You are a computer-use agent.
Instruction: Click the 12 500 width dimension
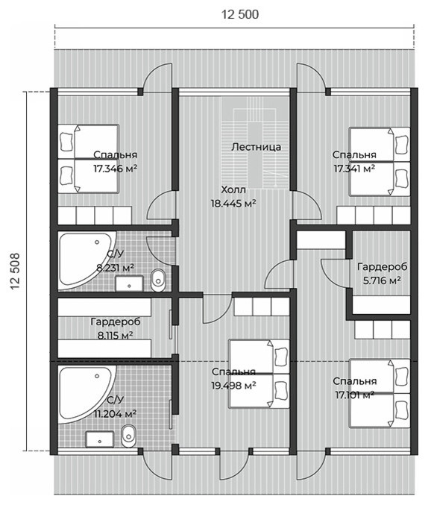click(240, 14)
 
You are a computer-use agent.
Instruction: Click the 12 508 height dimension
click(15, 272)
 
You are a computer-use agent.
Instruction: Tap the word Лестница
click(257, 147)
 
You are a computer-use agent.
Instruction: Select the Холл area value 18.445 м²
click(233, 204)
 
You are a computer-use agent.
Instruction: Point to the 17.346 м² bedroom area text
click(116, 169)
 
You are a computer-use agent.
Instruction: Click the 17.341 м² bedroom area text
click(354, 169)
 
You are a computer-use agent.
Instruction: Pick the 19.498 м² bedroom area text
click(233, 385)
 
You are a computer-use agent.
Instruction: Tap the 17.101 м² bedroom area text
click(355, 395)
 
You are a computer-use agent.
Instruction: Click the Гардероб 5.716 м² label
click(382, 274)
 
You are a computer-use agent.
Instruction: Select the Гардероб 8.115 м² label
click(116, 328)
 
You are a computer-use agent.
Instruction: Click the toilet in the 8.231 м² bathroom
click(158, 280)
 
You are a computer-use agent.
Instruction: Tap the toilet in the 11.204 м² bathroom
click(128, 436)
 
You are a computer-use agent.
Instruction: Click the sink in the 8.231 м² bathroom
click(129, 283)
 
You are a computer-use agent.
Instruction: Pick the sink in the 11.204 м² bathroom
click(99, 439)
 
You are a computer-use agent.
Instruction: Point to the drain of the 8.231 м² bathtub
click(97, 242)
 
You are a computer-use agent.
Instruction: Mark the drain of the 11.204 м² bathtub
click(97, 376)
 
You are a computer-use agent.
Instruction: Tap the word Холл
click(233, 189)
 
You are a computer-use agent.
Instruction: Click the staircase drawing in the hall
click(254, 148)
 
